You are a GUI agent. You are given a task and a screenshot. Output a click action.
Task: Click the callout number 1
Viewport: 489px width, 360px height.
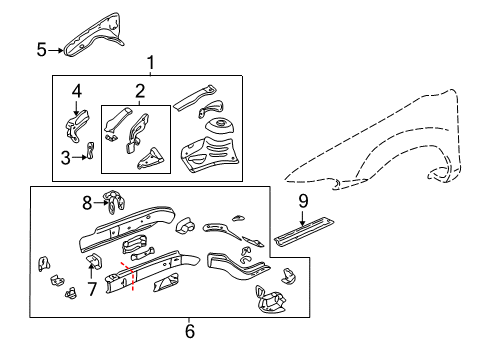click(151, 65)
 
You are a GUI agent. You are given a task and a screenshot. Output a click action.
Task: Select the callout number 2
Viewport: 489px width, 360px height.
click(139, 92)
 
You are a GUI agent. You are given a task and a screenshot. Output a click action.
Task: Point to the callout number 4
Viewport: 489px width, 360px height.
click(77, 92)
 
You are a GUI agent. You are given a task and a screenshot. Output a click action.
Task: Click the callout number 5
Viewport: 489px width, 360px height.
click(41, 49)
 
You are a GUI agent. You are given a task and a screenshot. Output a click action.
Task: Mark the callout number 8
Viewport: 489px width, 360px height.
click(86, 203)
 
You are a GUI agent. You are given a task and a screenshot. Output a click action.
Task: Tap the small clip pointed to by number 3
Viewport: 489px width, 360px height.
click(90, 151)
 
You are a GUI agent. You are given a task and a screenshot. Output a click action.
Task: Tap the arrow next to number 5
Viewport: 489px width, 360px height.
click(56, 48)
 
